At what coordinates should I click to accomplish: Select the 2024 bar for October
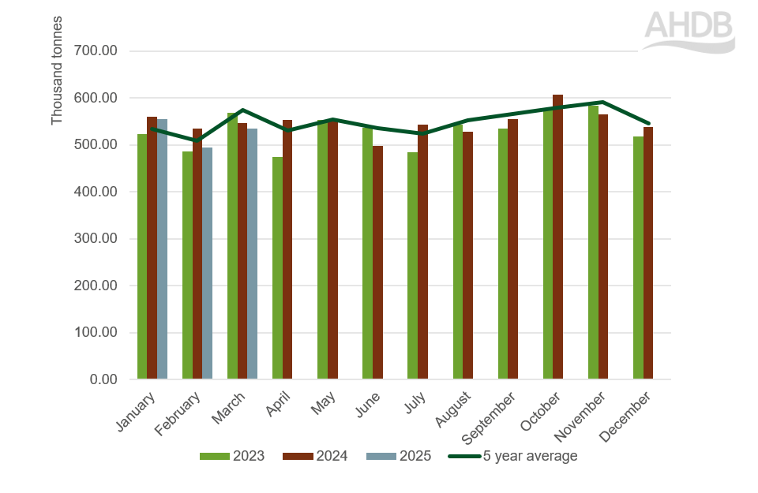[x=557, y=237]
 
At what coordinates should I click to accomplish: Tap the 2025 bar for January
[x=162, y=249]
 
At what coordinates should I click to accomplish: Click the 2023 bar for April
[x=277, y=268]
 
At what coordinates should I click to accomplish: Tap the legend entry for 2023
[x=231, y=456]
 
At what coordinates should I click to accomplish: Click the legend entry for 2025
[x=399, y=456]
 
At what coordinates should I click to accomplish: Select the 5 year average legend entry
[x=513, y=456]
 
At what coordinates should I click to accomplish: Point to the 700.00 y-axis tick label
[x=96, y=51]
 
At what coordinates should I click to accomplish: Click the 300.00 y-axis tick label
[x=96, y=238]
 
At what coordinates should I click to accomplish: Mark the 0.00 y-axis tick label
[x=102, y=379]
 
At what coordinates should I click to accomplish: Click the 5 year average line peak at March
[x=242, y=110]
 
